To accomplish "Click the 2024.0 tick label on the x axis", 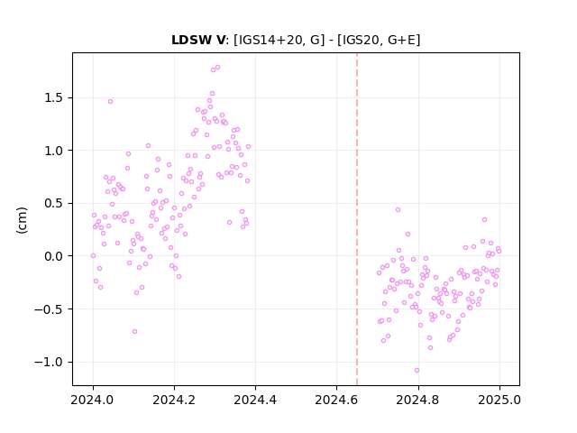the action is (x=93, y=400).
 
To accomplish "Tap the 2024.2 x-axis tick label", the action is (x=174, y=400).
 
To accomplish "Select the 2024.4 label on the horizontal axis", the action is (x=255, y=400).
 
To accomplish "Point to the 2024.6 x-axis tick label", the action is (x=336, y=400).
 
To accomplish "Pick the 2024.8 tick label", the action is (x=417, y=400).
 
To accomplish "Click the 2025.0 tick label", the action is (x=499, y=400).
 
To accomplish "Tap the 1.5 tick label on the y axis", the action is (x=54, y=98).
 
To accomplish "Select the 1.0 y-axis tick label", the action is (x=54, y=151).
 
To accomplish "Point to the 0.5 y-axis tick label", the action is (x=54, y=203).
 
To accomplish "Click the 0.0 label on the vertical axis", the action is (x=54, y=256).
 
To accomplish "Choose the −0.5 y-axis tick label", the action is (x=49, y=309).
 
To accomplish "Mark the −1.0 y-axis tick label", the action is (x=49, y=362).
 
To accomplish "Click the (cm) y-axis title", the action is (x=22, y=220).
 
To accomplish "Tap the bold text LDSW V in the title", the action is (x=198, y=40).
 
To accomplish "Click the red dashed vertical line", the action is (x=357, y=219).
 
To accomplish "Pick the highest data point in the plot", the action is (x=217, y=68).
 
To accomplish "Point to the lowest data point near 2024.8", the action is (x=417, y=371).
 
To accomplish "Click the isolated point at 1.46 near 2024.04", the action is (x=110, y=102).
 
